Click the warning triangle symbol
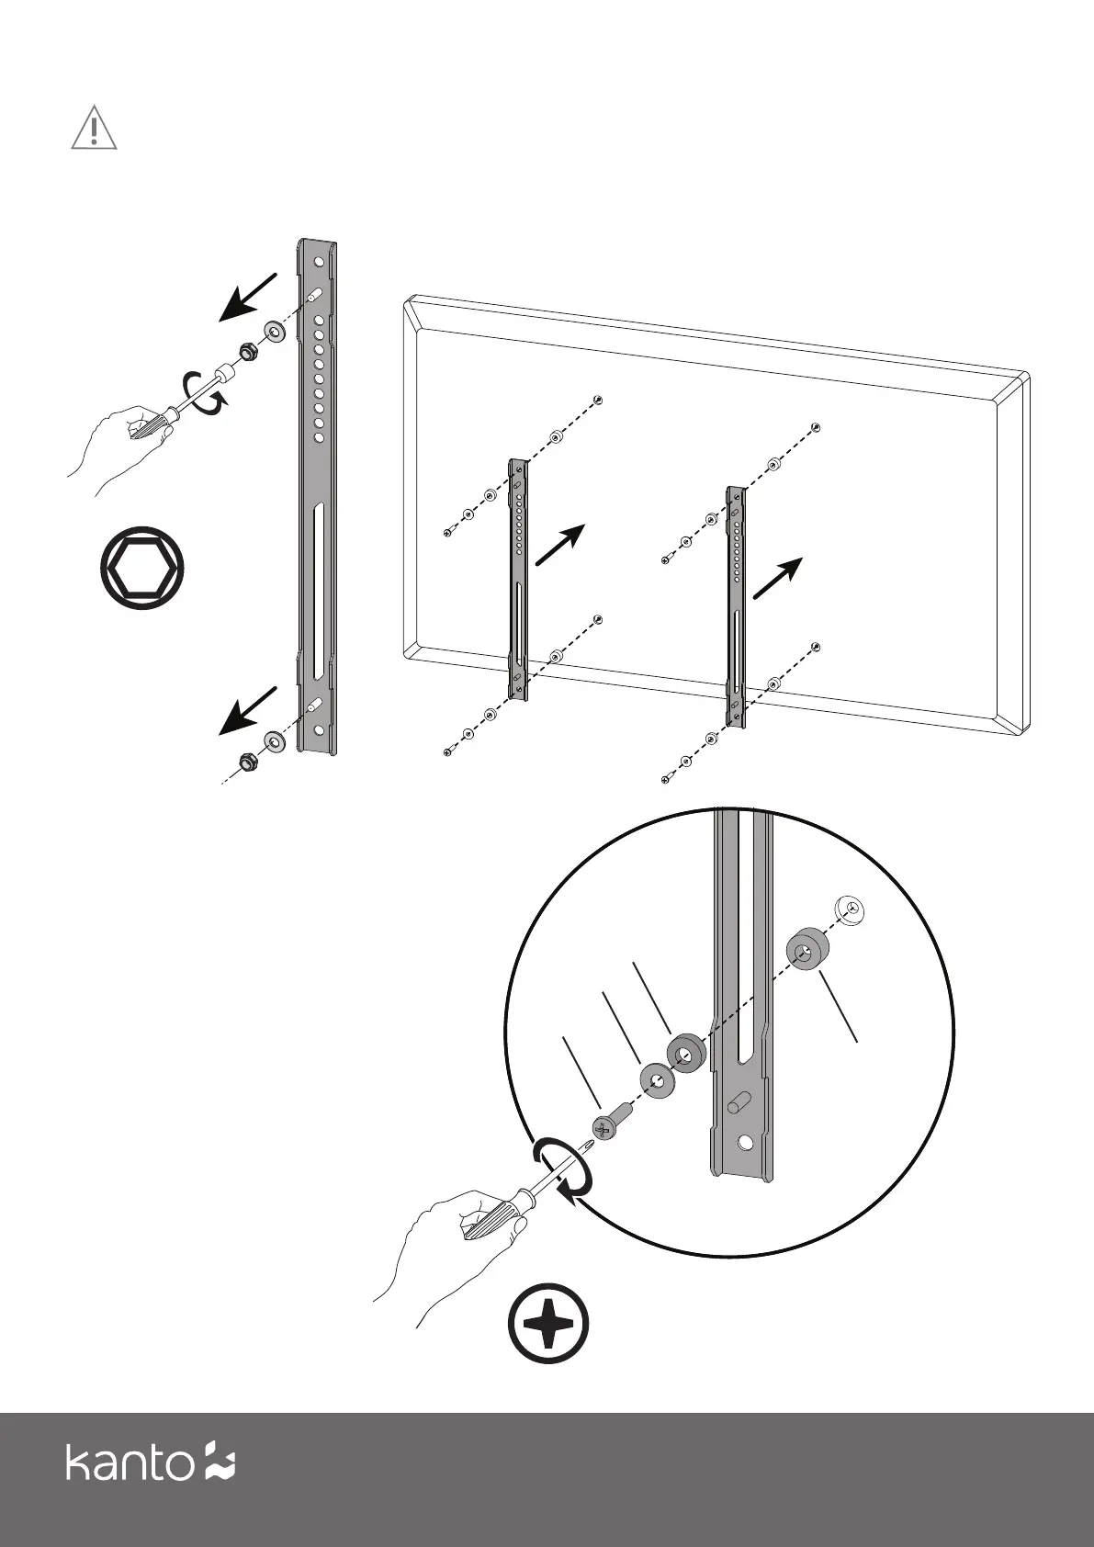point(94,128)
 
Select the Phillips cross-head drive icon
point(548,1327)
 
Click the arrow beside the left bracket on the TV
point(559,546)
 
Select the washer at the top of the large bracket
point(274,331)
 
